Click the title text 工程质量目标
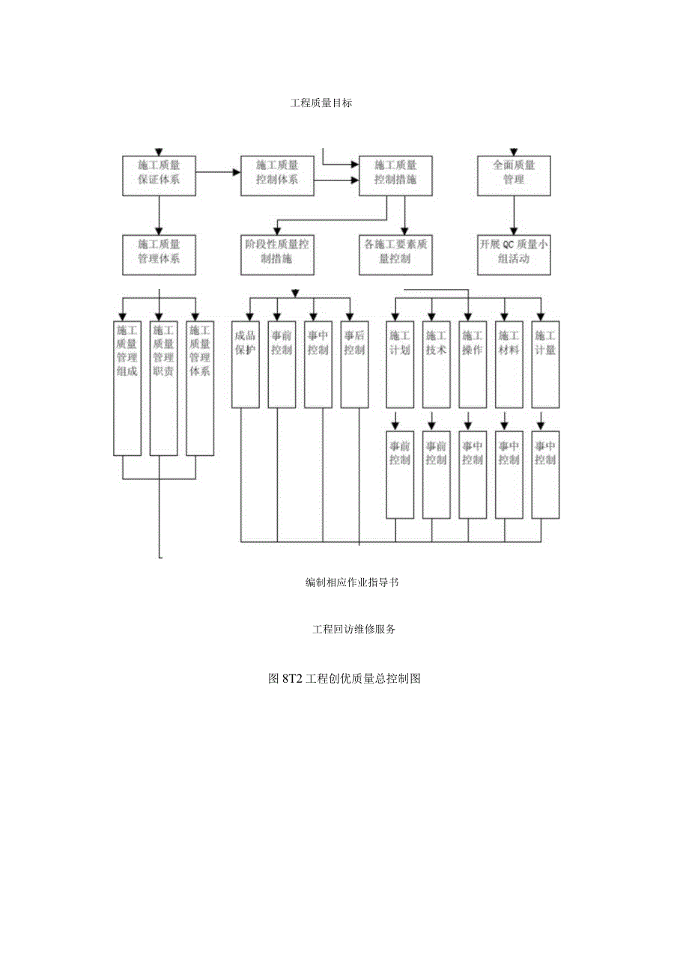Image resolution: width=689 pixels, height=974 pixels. point(321,103)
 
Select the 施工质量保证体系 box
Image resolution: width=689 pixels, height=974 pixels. point(158,175)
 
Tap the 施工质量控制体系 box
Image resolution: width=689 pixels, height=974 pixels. point(277,175)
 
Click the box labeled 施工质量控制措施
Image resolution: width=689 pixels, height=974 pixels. point(395,175)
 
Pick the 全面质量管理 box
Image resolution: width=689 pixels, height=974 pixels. point(514,175)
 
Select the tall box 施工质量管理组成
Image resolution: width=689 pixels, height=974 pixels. point(127,388)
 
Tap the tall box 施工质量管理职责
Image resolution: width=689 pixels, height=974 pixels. point(163,388)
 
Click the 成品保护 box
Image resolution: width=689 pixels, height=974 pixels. point(245,365)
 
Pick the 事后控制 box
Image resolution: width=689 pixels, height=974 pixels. point(354,365)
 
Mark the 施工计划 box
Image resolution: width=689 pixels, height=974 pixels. point(399,365)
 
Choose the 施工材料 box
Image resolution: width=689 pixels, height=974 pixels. point(509,365)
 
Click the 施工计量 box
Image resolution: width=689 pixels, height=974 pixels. point(545,365)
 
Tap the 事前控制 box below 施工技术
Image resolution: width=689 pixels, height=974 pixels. point(436,475)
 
